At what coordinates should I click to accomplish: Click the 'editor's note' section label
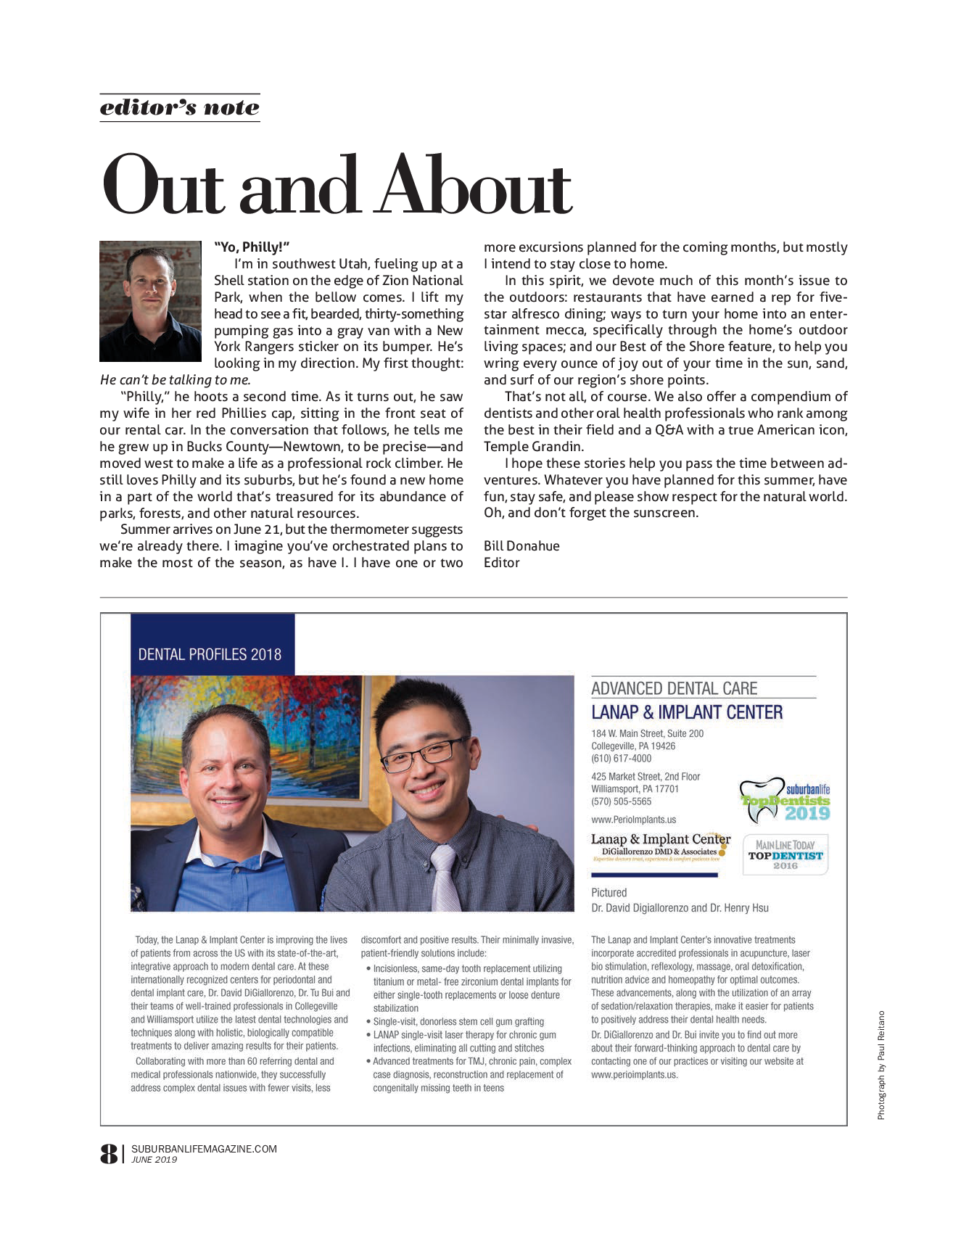[179, 107]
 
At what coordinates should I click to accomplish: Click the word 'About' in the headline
[476, 186]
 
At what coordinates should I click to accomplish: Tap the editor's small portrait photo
[150, 301]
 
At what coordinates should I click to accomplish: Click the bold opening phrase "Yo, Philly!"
[252, 247]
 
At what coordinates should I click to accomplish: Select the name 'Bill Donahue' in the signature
[521, 546]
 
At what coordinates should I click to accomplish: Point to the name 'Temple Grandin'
[533, 447]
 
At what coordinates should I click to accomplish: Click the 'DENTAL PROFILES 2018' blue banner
[210, 654]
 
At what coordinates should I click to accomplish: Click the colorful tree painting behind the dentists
[247, 725]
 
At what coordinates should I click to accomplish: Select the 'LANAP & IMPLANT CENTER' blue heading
[687, 712]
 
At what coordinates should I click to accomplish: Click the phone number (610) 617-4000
[621, 759]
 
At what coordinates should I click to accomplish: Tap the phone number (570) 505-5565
[621, 801]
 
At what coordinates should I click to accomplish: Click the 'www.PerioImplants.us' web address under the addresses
[633, 820]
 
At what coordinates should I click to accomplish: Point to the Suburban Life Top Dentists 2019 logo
[785, 801]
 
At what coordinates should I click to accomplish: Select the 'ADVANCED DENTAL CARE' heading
[674, 688]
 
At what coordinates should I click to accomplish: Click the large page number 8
[109, 1153]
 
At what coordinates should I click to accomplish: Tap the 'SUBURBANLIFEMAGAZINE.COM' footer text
[204, 1149]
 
